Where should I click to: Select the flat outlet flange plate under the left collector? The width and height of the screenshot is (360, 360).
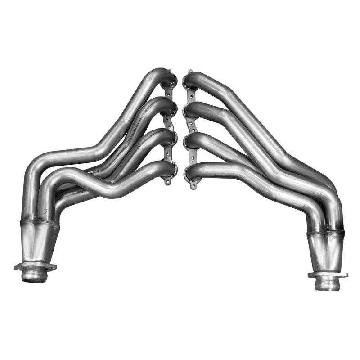pos(36,266)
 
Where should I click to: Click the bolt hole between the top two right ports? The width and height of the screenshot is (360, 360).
pos(189,96)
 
